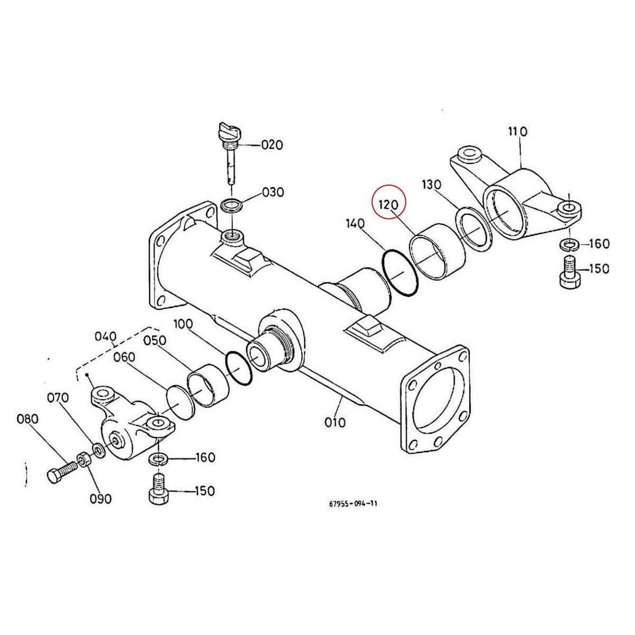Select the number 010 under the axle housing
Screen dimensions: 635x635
[x=334, y=422]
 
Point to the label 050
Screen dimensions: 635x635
[x=155, y=340]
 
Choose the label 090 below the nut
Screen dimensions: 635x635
[x=100, y=498]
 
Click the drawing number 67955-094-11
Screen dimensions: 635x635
[x=353, y=504]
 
